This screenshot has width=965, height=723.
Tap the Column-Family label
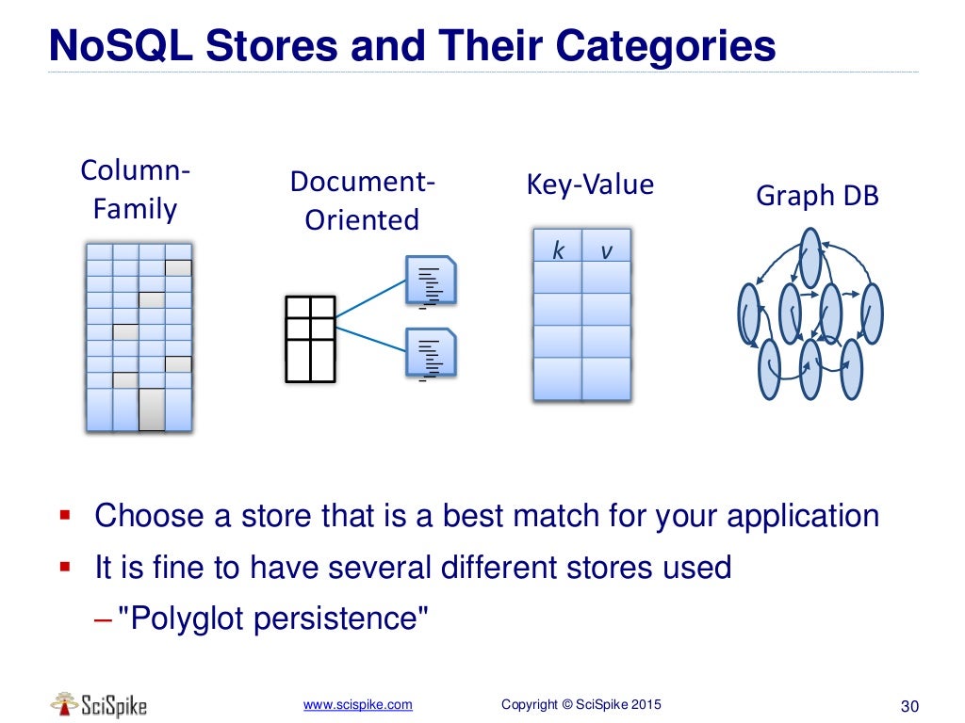click(x=135, y=190)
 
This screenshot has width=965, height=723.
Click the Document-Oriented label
click(x=362, y=201)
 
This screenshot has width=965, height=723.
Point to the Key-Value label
click(x=589, y=185)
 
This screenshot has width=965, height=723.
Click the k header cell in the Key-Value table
click(x=558, y=250)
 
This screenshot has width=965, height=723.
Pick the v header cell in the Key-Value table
click(x=606, y=250)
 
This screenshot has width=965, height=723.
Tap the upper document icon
click(x=432, y=281)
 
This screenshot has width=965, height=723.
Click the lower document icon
click(x=432, y=354)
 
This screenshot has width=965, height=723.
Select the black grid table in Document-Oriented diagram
click(x=310, y=339)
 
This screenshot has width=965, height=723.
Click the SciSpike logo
click(x=99, y=704)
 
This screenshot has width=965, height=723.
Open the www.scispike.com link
click(x=357, y=704)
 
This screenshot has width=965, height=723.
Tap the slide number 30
click(x=909, y=706)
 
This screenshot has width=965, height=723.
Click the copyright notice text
click(x=581, y=704)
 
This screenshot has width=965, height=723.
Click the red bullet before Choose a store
click(x=65, y=515)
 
